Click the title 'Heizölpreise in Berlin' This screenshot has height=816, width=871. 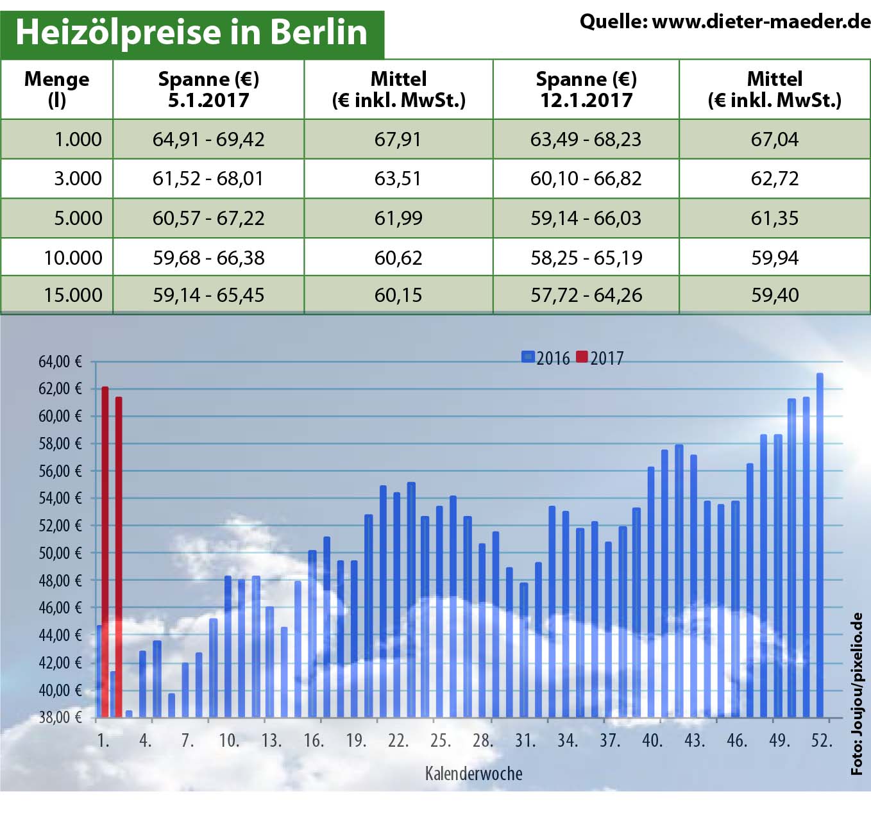pyautogui.click(x=191, y=32)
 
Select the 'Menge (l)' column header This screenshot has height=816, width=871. pyautogui.click(x=56, y=89)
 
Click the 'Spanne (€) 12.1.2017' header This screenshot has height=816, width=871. pyautogui.click(x=586, y=89)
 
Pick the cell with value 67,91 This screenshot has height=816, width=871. pyautogui.click(x=398, y=139)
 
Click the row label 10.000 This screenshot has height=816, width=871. pyautogui.click(x=73, y=258)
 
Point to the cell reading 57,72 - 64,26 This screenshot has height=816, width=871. pyautogui.click(x=586, y=295)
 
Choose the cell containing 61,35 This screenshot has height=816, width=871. pyautogui.click(x=774, y=218)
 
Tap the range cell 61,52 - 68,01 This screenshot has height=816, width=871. pyautogui.click(x=208, y=178)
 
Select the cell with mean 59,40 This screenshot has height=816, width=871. pyautogui.click(x=774, y=295)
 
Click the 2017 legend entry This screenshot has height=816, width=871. pyautogui.click(x=600, y=358)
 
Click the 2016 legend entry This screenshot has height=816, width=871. pyautogui.click(x=546, y=358)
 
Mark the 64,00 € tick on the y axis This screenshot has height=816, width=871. pyautogui.click(x=60, y=362)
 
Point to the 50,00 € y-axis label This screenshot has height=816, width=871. pyautogui.click(x=60, y=553)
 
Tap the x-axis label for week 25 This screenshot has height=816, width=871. pyautogui.click(x=440, y=740)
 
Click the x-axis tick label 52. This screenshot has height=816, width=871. pyautogui.click(x=822, y=740)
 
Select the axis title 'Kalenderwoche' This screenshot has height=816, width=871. pyautogui.click(x=473, y=774)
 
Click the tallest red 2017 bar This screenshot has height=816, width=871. pyautogui.click(x=105, y=551)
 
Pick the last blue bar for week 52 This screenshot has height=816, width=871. pyautogui.click(x=819, y=545)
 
